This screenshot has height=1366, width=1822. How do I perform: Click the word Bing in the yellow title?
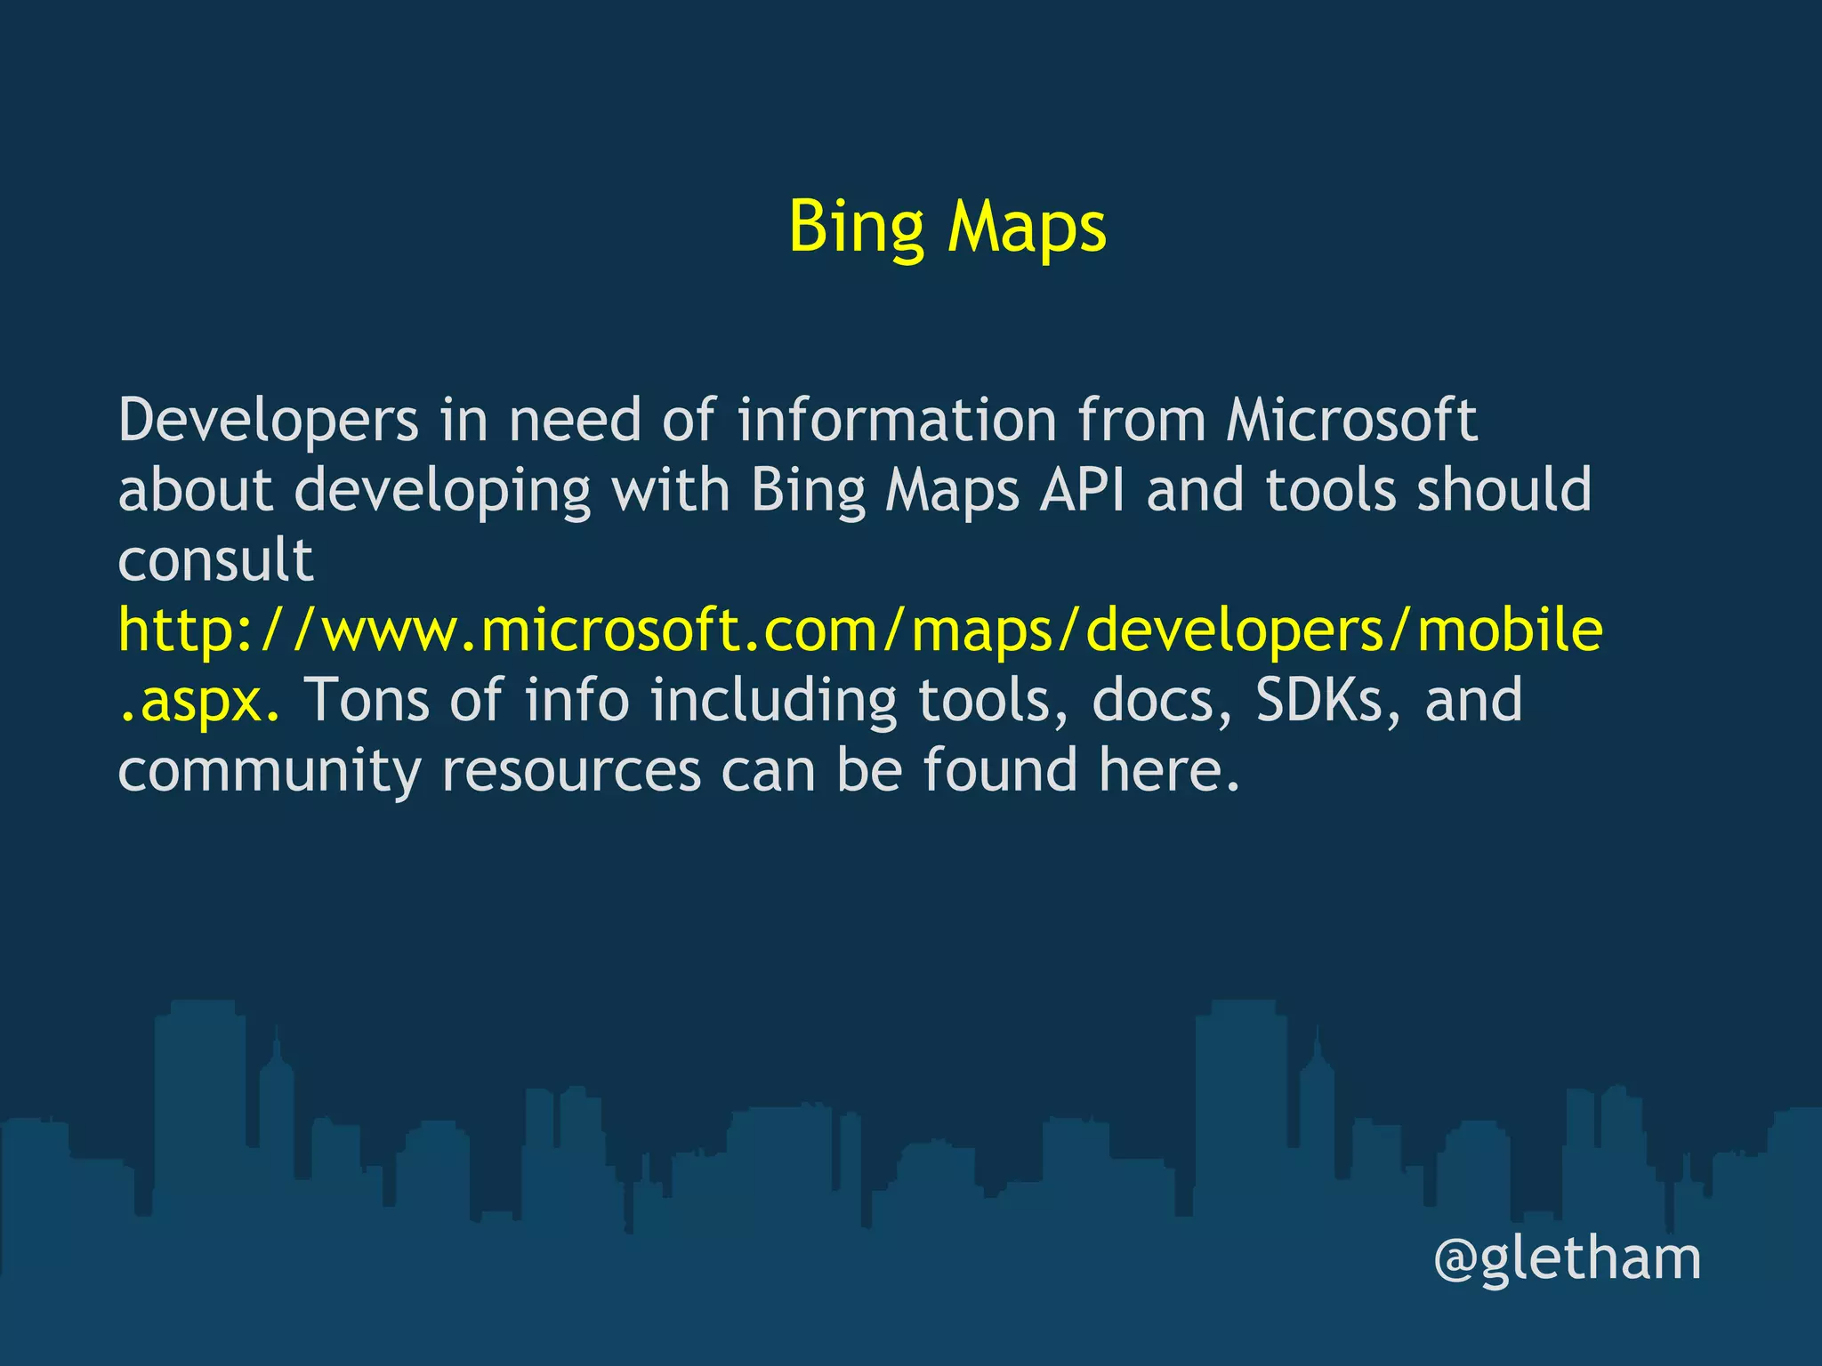tap(856, 227)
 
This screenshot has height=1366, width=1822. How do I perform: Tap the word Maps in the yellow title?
tap(1028, 227)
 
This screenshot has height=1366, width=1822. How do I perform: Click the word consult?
tap(215, 560)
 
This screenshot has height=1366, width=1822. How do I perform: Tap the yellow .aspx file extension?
tap(198, 701)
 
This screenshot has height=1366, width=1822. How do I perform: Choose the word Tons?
tap(367, 701)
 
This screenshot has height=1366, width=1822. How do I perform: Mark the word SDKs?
tap(1319, 701)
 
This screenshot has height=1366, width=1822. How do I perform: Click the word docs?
tap(1153, 701)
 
